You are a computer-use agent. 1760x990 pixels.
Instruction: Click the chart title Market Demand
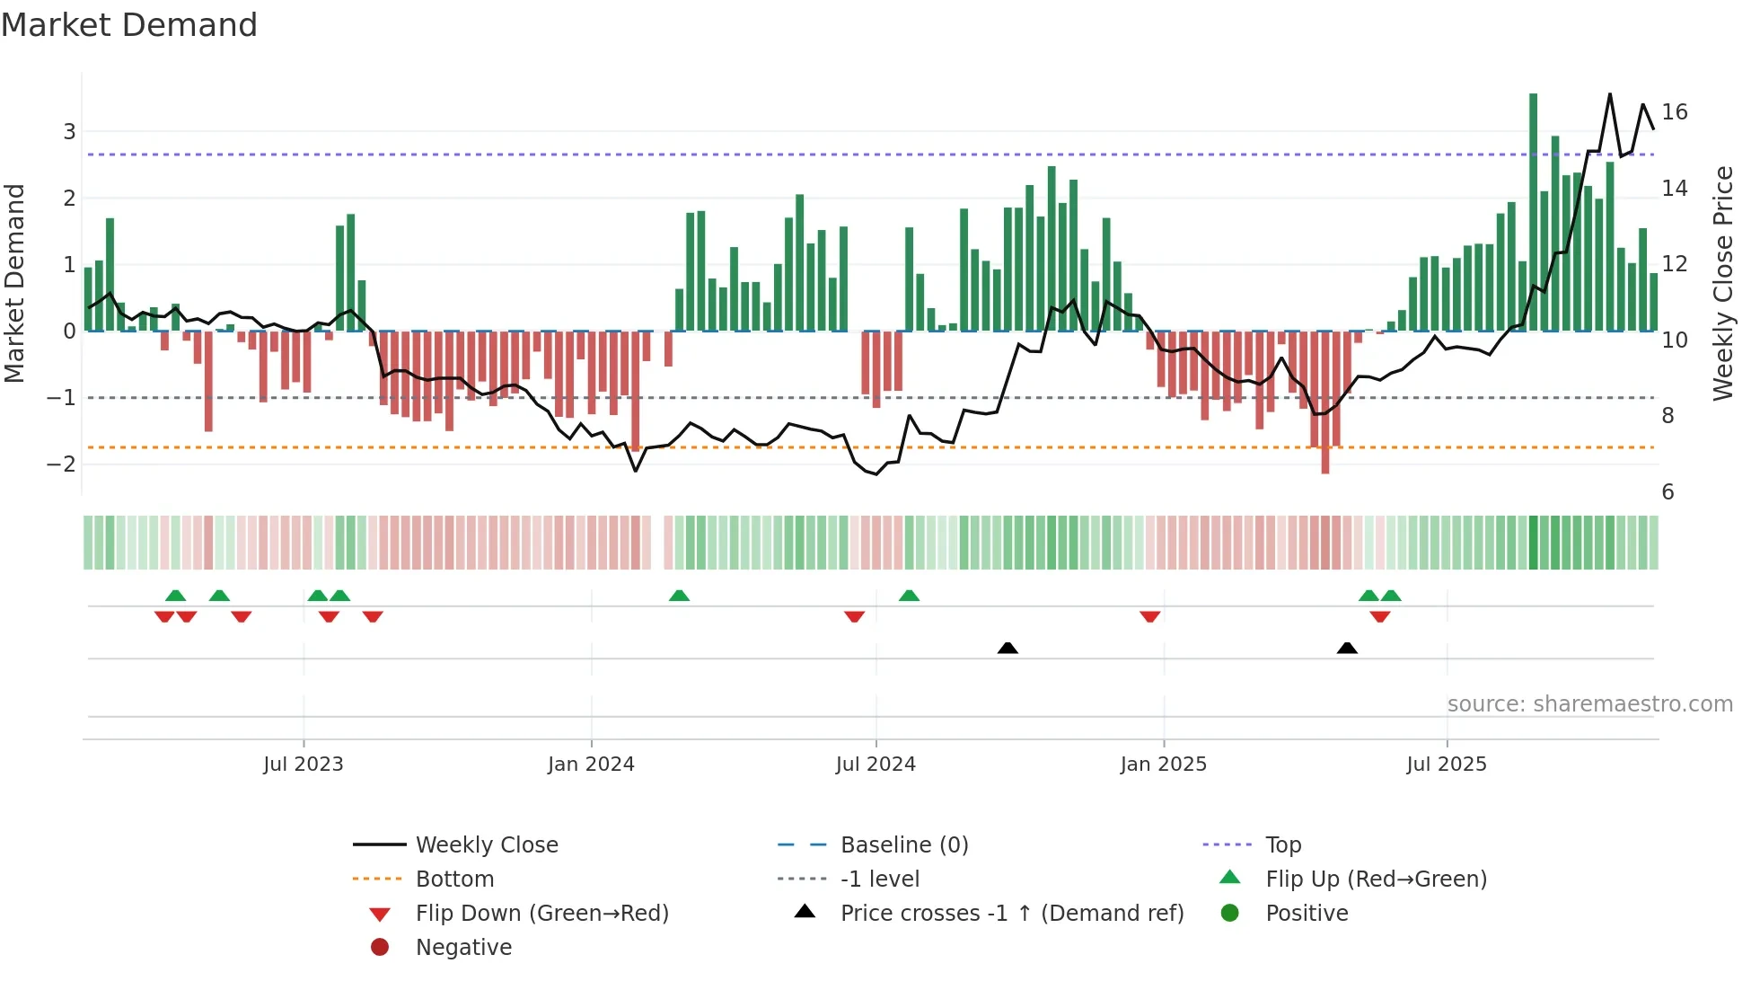pos(129,25)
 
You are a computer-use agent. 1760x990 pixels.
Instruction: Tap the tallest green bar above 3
pos(1533,211)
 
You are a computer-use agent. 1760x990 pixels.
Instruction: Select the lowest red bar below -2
pos(1324,404)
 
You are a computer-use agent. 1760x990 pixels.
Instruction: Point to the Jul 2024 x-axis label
pos(876,765)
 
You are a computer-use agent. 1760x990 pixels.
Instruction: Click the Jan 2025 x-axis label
pos(1163,765)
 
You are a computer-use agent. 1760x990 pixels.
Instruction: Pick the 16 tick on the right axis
pos(1675,112)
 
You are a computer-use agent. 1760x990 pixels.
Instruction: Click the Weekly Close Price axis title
pos(1722,283)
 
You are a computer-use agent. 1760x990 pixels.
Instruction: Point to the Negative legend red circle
pos(380,948)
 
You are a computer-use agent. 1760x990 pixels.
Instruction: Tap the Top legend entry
pos(1282,845)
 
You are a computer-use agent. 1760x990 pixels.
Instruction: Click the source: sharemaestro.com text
pos(1589,704)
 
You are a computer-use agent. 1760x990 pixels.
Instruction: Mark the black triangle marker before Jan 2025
pos(1008,648)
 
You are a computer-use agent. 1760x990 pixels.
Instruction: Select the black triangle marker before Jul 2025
pos(1347,648)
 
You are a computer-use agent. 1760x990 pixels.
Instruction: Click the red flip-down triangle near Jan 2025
pos(1150,616)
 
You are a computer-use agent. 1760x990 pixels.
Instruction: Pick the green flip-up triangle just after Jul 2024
pos(909,596)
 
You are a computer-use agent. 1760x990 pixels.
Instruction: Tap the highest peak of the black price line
pos(1609,94)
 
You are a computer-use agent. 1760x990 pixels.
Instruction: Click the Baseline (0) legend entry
pos(903,845)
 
